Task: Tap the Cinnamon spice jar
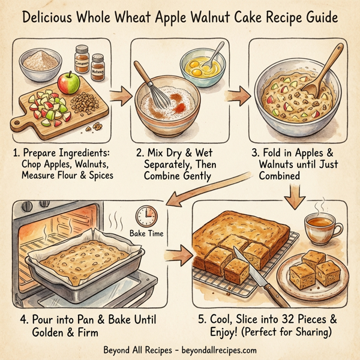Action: point(82,61)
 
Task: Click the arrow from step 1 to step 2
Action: point(120,94)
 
